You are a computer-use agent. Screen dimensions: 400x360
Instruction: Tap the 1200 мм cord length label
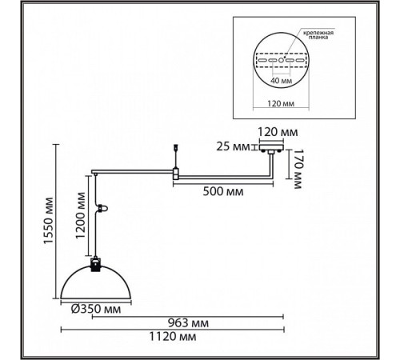[x=80, y=215]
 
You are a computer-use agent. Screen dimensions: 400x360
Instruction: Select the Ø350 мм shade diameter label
[x=96, y=309]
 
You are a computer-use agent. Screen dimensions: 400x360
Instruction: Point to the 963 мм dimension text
[x=188, y=323]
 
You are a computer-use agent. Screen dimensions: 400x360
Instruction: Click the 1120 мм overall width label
[x=173, y=337]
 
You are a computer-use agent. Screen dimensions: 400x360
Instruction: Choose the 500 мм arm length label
[x=223, y=191]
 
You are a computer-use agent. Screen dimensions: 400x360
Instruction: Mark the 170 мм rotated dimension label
[x=297, y=169]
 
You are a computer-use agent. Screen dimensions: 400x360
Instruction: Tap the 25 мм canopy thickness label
[x=233, y=146]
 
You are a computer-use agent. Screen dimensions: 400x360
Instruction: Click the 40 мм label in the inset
[x=282, y=80]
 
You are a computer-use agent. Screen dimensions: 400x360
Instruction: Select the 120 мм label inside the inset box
[x=281, y=103]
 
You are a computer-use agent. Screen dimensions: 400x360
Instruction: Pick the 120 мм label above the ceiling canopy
[x=278, y=132]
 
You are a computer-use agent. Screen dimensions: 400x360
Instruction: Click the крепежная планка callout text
[x=318, y=35]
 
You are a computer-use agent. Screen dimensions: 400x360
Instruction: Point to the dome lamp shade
[x=96, y=282]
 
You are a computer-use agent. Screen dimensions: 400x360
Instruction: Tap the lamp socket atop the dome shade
[x=96, y=264]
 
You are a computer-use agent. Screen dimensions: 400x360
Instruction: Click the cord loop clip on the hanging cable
[x=103, y=208]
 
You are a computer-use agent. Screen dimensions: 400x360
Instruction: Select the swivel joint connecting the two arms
[x=176, y=173]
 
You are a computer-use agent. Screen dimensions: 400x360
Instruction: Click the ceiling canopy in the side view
[x=271, y=147]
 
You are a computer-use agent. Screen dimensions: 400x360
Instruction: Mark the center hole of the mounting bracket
[x=281, y=60]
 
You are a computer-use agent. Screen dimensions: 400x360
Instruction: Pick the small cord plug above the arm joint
[x=175, y=147]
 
